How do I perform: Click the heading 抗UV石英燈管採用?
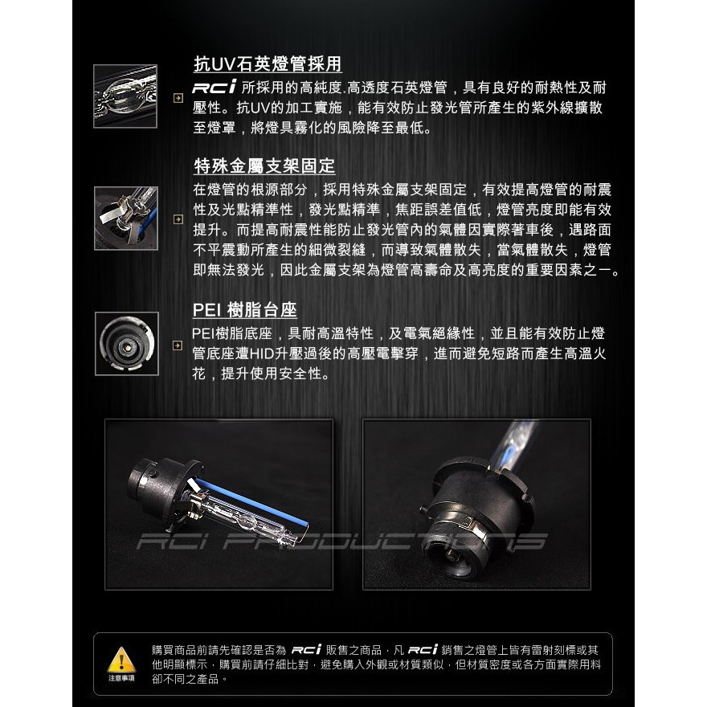pos(268,64)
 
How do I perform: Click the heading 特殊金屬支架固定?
pos(264,166)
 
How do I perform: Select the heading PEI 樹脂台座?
pos(245,310)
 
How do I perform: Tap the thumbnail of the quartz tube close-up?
pos(125,96)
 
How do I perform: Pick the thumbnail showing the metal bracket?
pos(126,219)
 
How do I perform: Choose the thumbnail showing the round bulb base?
pos(127,344)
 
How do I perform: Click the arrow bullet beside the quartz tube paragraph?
pos(178,98)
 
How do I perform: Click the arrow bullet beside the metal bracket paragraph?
pos(178,219)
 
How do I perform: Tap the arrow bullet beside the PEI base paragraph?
pos(178,345)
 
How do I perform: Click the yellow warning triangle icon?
pos(121,660)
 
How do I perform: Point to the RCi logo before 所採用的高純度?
pos(215,87)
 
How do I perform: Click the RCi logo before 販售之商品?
pos(306,650)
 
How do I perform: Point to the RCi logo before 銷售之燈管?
pos(423,650)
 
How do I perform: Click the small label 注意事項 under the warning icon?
pos(121,678)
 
